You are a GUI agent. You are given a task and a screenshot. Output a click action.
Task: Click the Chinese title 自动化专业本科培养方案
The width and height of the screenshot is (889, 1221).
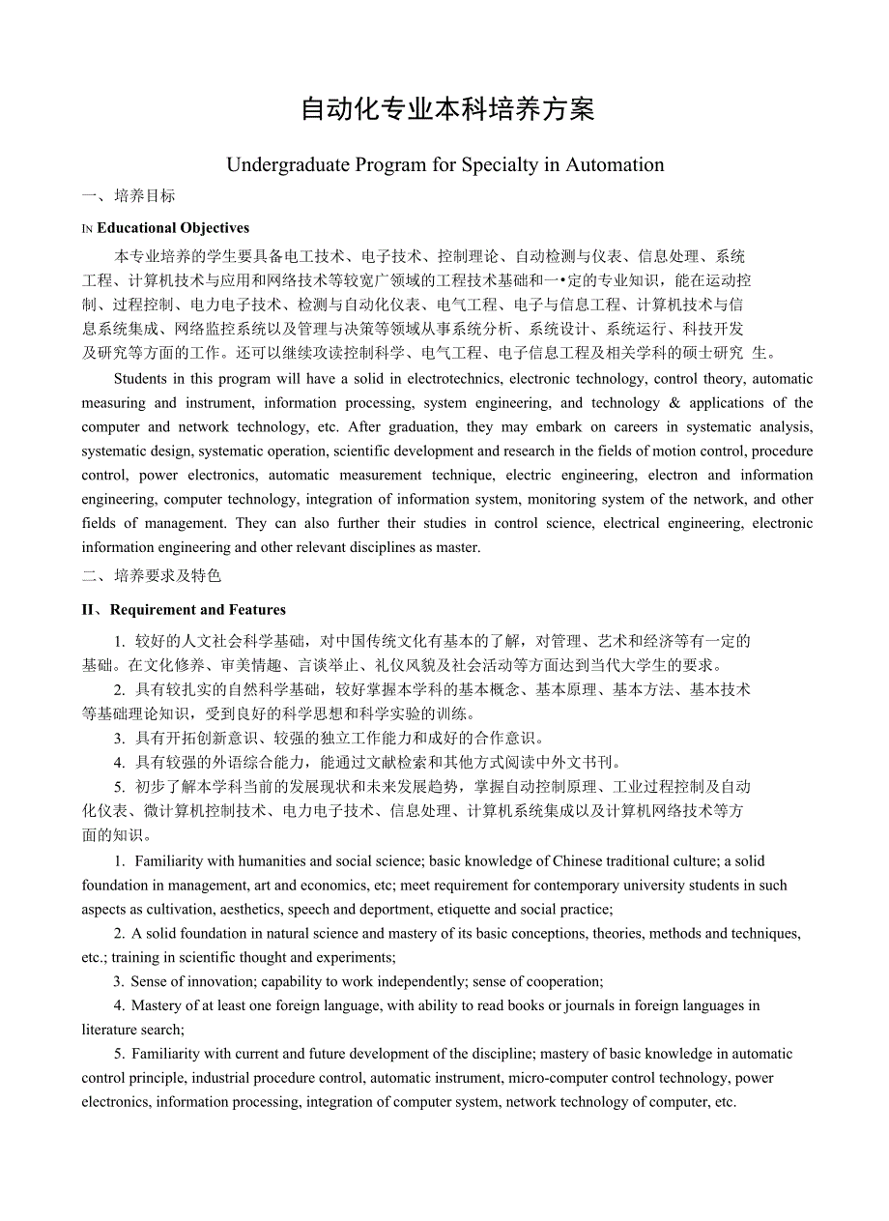click(x=447, y=109)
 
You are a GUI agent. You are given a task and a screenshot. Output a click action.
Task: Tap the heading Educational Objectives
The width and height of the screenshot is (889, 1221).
click(x=173, y=228)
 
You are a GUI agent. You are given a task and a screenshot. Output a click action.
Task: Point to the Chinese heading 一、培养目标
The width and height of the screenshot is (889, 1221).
click(x=129, y=196)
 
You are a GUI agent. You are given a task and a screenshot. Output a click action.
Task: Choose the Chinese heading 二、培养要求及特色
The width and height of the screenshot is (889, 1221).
click(x=152, y=576)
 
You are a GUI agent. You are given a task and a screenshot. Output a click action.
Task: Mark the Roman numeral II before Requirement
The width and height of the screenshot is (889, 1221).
click(x=90, y=610)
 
